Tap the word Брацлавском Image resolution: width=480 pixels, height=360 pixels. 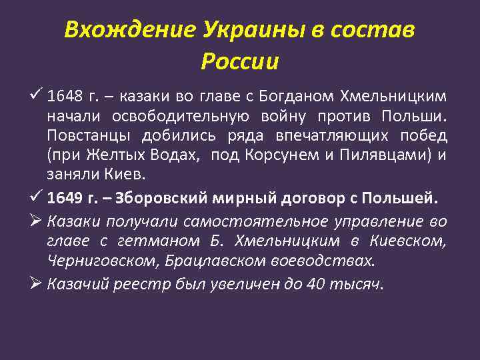coord(193,259)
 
